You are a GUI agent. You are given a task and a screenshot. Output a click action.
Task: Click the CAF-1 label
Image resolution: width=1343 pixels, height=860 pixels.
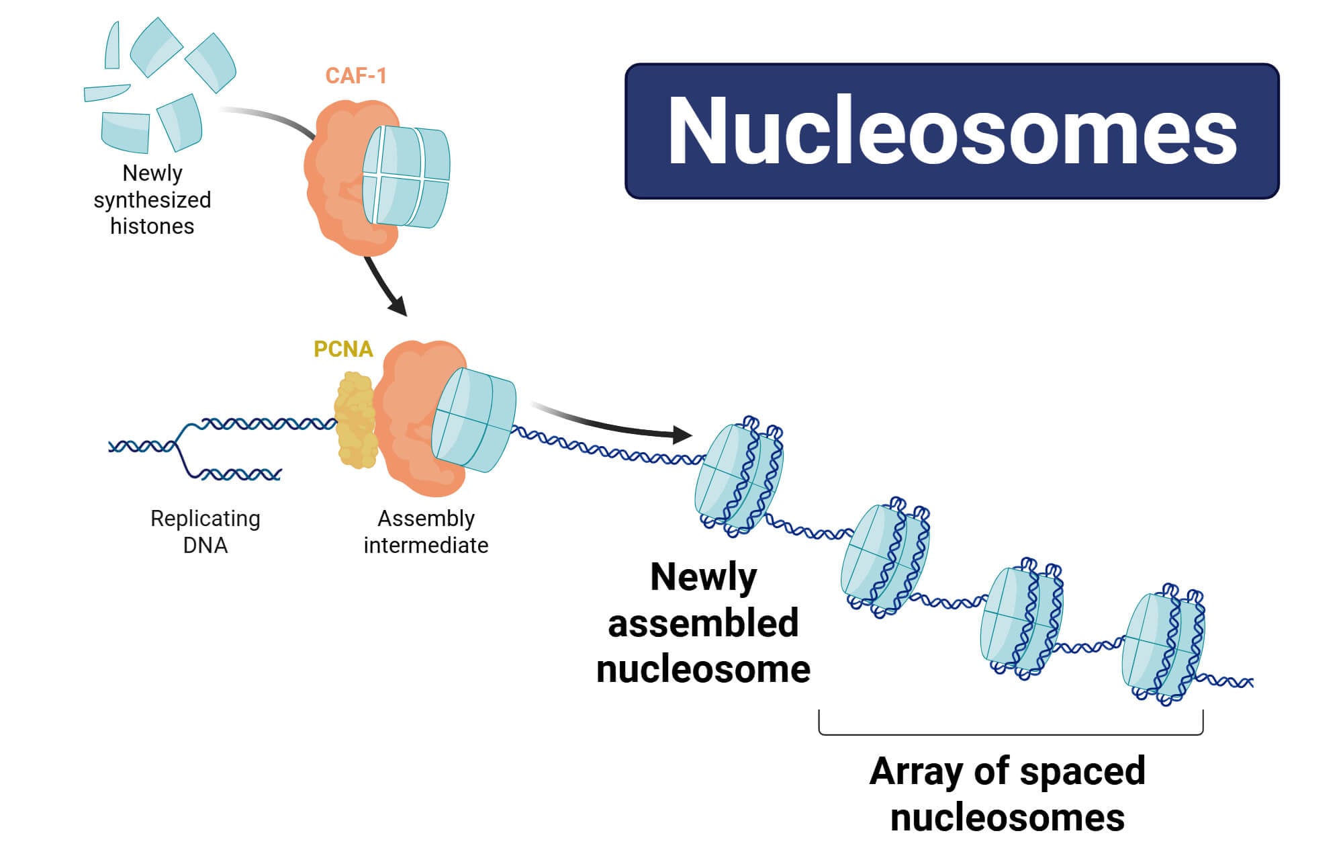tap(356, 76)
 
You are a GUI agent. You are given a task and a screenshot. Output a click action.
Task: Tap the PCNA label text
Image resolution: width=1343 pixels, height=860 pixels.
tap(343, 349)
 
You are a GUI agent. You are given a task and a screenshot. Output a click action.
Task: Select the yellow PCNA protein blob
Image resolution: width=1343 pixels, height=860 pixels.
tap(355, 421)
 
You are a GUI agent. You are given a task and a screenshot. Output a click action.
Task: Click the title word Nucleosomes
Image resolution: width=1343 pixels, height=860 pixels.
tap(952, 130)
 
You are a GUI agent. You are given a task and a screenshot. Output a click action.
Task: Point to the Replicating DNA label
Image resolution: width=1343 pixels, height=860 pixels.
tap(205, 531)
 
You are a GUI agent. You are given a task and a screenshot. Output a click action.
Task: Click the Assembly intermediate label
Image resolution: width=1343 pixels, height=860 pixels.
tap(426, 531)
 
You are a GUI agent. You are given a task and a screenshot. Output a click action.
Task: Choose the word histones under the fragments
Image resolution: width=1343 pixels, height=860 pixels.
tap(152, 226)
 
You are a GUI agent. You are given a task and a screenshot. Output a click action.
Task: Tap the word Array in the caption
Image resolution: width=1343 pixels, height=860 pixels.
tap(916, 771)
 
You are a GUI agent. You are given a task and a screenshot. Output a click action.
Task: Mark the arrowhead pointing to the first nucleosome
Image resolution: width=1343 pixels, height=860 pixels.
tap(682, 435)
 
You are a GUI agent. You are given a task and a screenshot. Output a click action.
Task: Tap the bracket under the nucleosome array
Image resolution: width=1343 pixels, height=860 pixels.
tap(1011, 733)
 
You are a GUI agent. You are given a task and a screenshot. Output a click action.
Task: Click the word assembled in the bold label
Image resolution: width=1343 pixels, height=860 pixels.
tap(703, 623)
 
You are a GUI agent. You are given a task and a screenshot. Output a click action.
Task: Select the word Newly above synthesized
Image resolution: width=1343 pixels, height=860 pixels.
tap(152, 173)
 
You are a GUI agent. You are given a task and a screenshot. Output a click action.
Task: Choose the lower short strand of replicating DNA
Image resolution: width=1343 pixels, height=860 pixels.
tap(238, 475)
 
